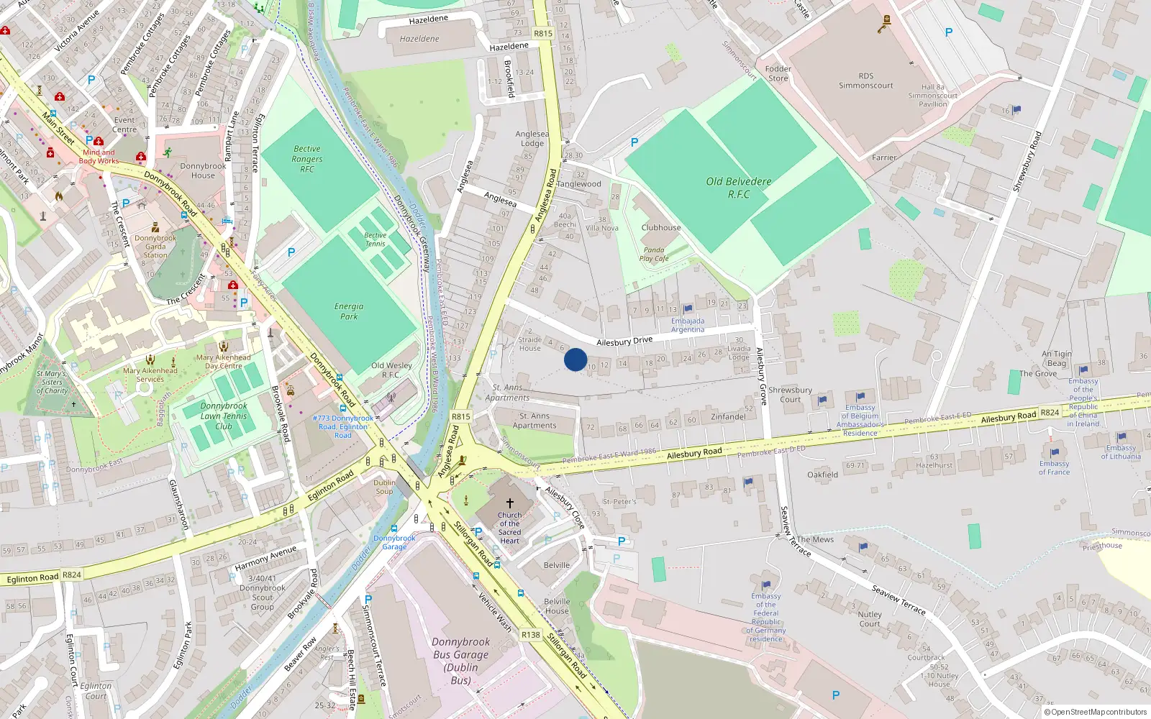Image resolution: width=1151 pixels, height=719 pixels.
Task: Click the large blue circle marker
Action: pyautogui.click(x=575, y=359)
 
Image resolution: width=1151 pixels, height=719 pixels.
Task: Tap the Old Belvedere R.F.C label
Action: pyautogui.click(x=738, y=188)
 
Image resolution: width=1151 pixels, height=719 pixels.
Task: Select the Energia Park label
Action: pyautogui.click(x=349, y=311)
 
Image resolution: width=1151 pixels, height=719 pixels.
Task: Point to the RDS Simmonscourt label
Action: pyautogui.click(x=865, y=81)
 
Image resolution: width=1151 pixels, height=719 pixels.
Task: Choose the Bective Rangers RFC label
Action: pyautogui.click(x=307, y=159)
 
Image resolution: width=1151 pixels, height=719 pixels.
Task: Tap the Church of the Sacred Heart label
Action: pyautogui.click(x=509, y=528)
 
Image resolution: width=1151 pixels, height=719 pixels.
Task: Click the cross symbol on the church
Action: pyautogui.click(x=510, y=503)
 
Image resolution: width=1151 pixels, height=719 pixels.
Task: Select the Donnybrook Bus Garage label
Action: pyautogui.click(x=460, y=661)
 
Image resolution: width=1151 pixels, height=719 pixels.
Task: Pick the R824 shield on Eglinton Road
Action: pyautogui.click(x=72, y=574)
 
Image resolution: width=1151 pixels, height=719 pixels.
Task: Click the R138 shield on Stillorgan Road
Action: pyautogui.click(x=531, y=634)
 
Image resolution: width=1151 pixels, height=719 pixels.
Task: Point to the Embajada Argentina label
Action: pyautogui.click(x=688, y=325)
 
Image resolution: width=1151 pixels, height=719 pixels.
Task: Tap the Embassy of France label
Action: pyautogui.click(x=1054, y=467)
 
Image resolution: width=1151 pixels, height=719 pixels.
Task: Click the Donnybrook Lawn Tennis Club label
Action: pyautogui.click(x=224, y=416)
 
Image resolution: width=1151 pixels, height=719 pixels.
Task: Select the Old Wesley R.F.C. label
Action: pyautogui.click(x=391, y=370)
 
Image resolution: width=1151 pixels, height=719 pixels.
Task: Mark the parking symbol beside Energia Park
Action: pyautogui.click(x=291, y=252)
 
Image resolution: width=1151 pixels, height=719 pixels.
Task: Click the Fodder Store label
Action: pyautogui.click(x=778, y=73)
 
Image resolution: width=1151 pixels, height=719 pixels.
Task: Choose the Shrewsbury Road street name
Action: pyautogui.click(x=1027, y=162)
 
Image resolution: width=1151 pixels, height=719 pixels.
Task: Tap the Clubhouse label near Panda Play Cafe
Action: pyautogui.click(x=660, y=227)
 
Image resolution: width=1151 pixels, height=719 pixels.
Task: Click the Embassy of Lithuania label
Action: pyautogui.click(x=1121, y=452)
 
